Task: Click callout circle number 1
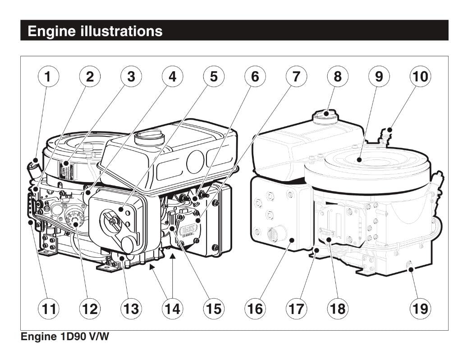point(48,77)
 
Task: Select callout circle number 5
point(214,77)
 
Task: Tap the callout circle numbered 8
point(338,77)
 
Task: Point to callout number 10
point(420,77)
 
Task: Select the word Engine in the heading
point(50,31)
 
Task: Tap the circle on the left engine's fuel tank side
point(195,161)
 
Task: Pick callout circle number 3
point(131,77)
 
